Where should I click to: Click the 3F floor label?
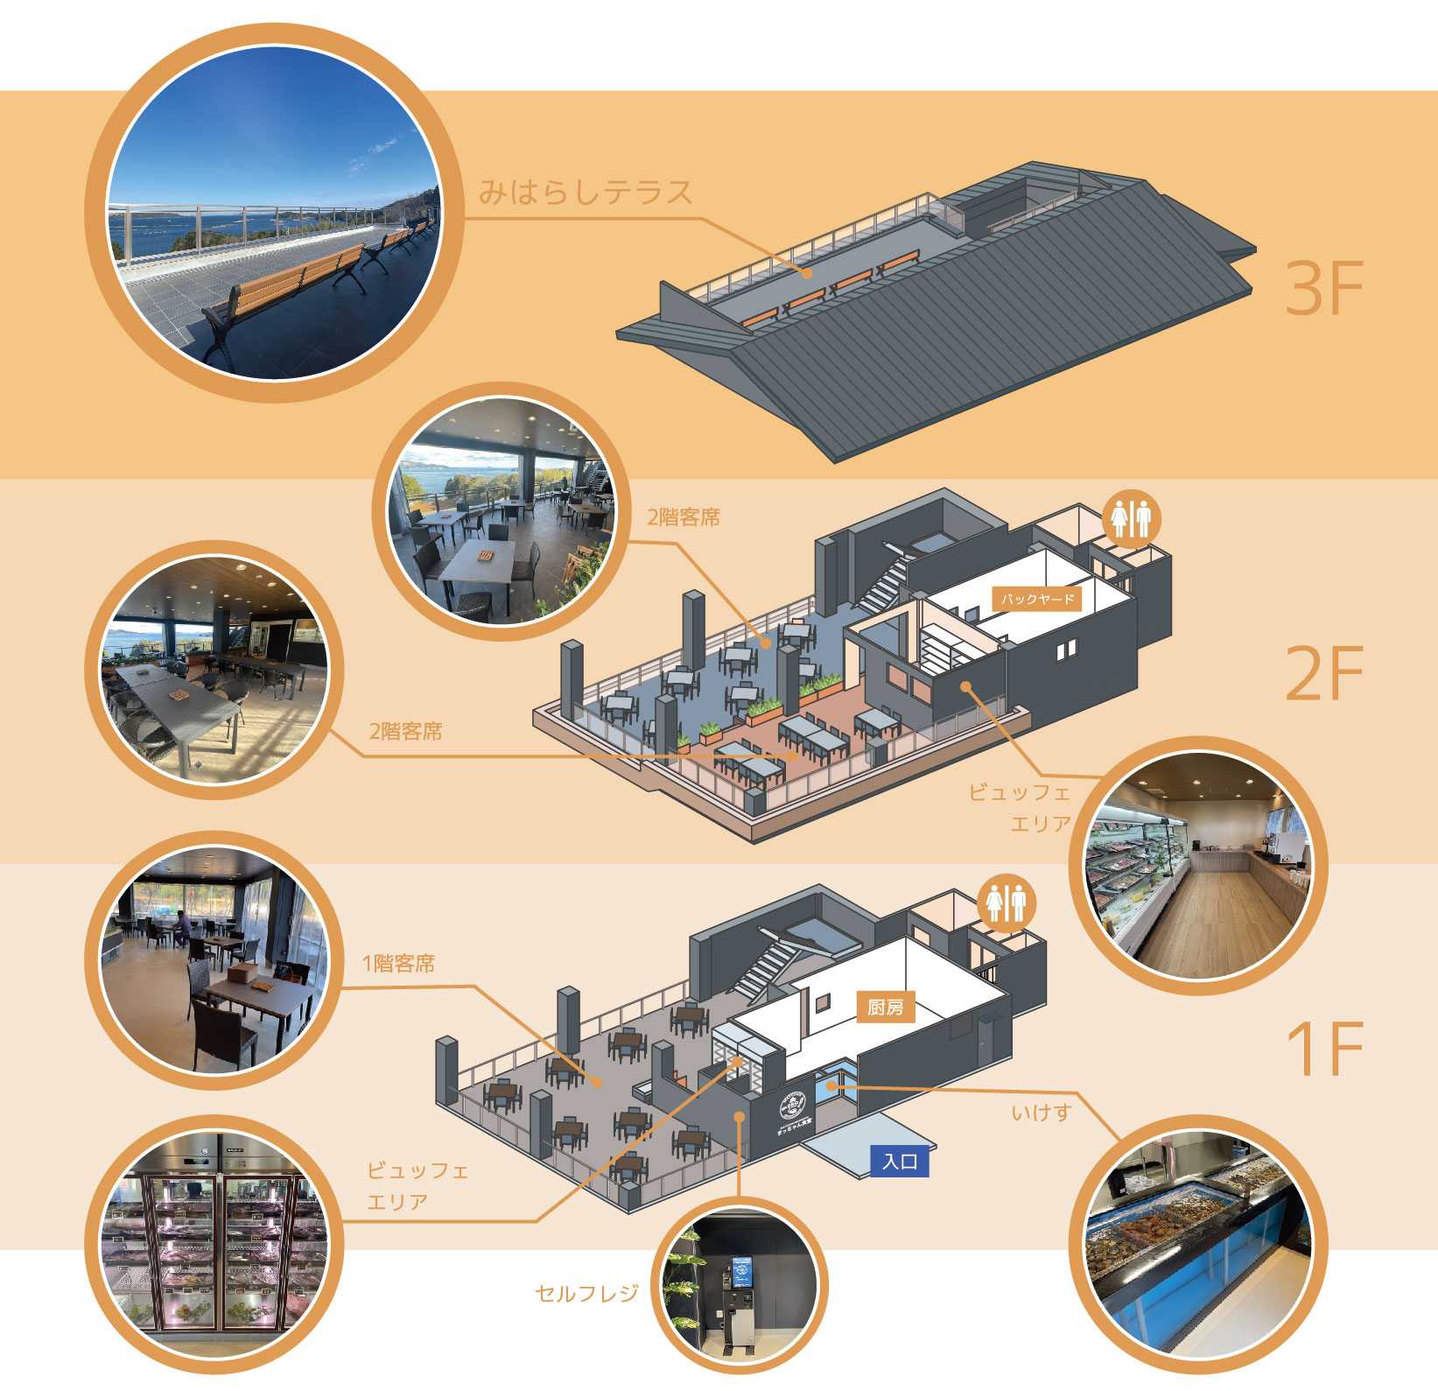(1323, 288)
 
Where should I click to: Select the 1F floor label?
(1323, 1048)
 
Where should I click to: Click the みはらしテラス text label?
(585, 192)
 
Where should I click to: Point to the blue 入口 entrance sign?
(899, 1162)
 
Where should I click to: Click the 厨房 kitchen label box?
(885, 1008)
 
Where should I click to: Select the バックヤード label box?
(1037, 599)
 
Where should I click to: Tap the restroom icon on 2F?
(1131, 518)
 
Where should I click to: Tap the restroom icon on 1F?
(1006, 903)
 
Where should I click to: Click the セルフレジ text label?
(586, 1293)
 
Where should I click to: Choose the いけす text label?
(1041, 1113)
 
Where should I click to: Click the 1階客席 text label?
(398, 964)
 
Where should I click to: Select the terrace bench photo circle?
(273, 213)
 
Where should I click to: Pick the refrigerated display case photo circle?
(214, 1243)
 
